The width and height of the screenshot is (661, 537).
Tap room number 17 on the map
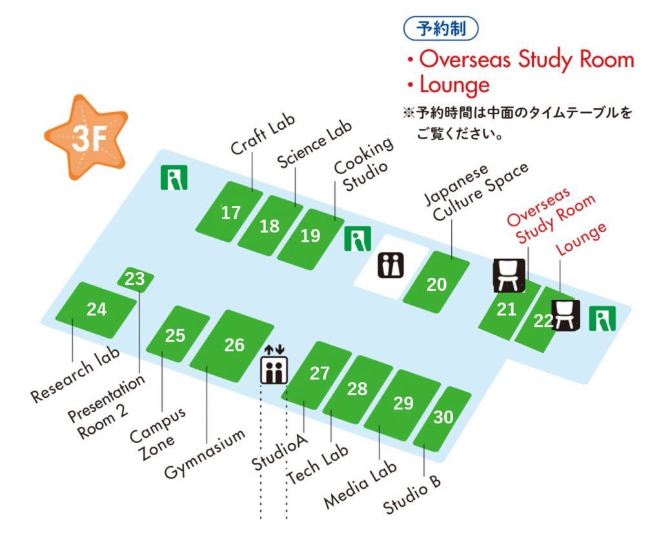[230, 213]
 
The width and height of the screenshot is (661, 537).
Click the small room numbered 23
[135, 279]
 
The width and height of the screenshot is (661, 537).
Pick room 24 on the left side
[96, 309]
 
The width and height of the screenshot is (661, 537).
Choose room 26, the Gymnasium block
[234, 345]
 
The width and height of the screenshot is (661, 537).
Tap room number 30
[443, 418]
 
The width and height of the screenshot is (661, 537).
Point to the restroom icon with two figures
[391, 266]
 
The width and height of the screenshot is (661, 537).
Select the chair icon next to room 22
[565, 316]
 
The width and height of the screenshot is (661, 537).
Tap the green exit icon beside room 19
[357, 239]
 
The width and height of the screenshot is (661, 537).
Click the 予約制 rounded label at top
[442, 29]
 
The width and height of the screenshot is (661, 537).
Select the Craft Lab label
[263, 136]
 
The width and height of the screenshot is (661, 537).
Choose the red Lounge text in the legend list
[454, 85]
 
